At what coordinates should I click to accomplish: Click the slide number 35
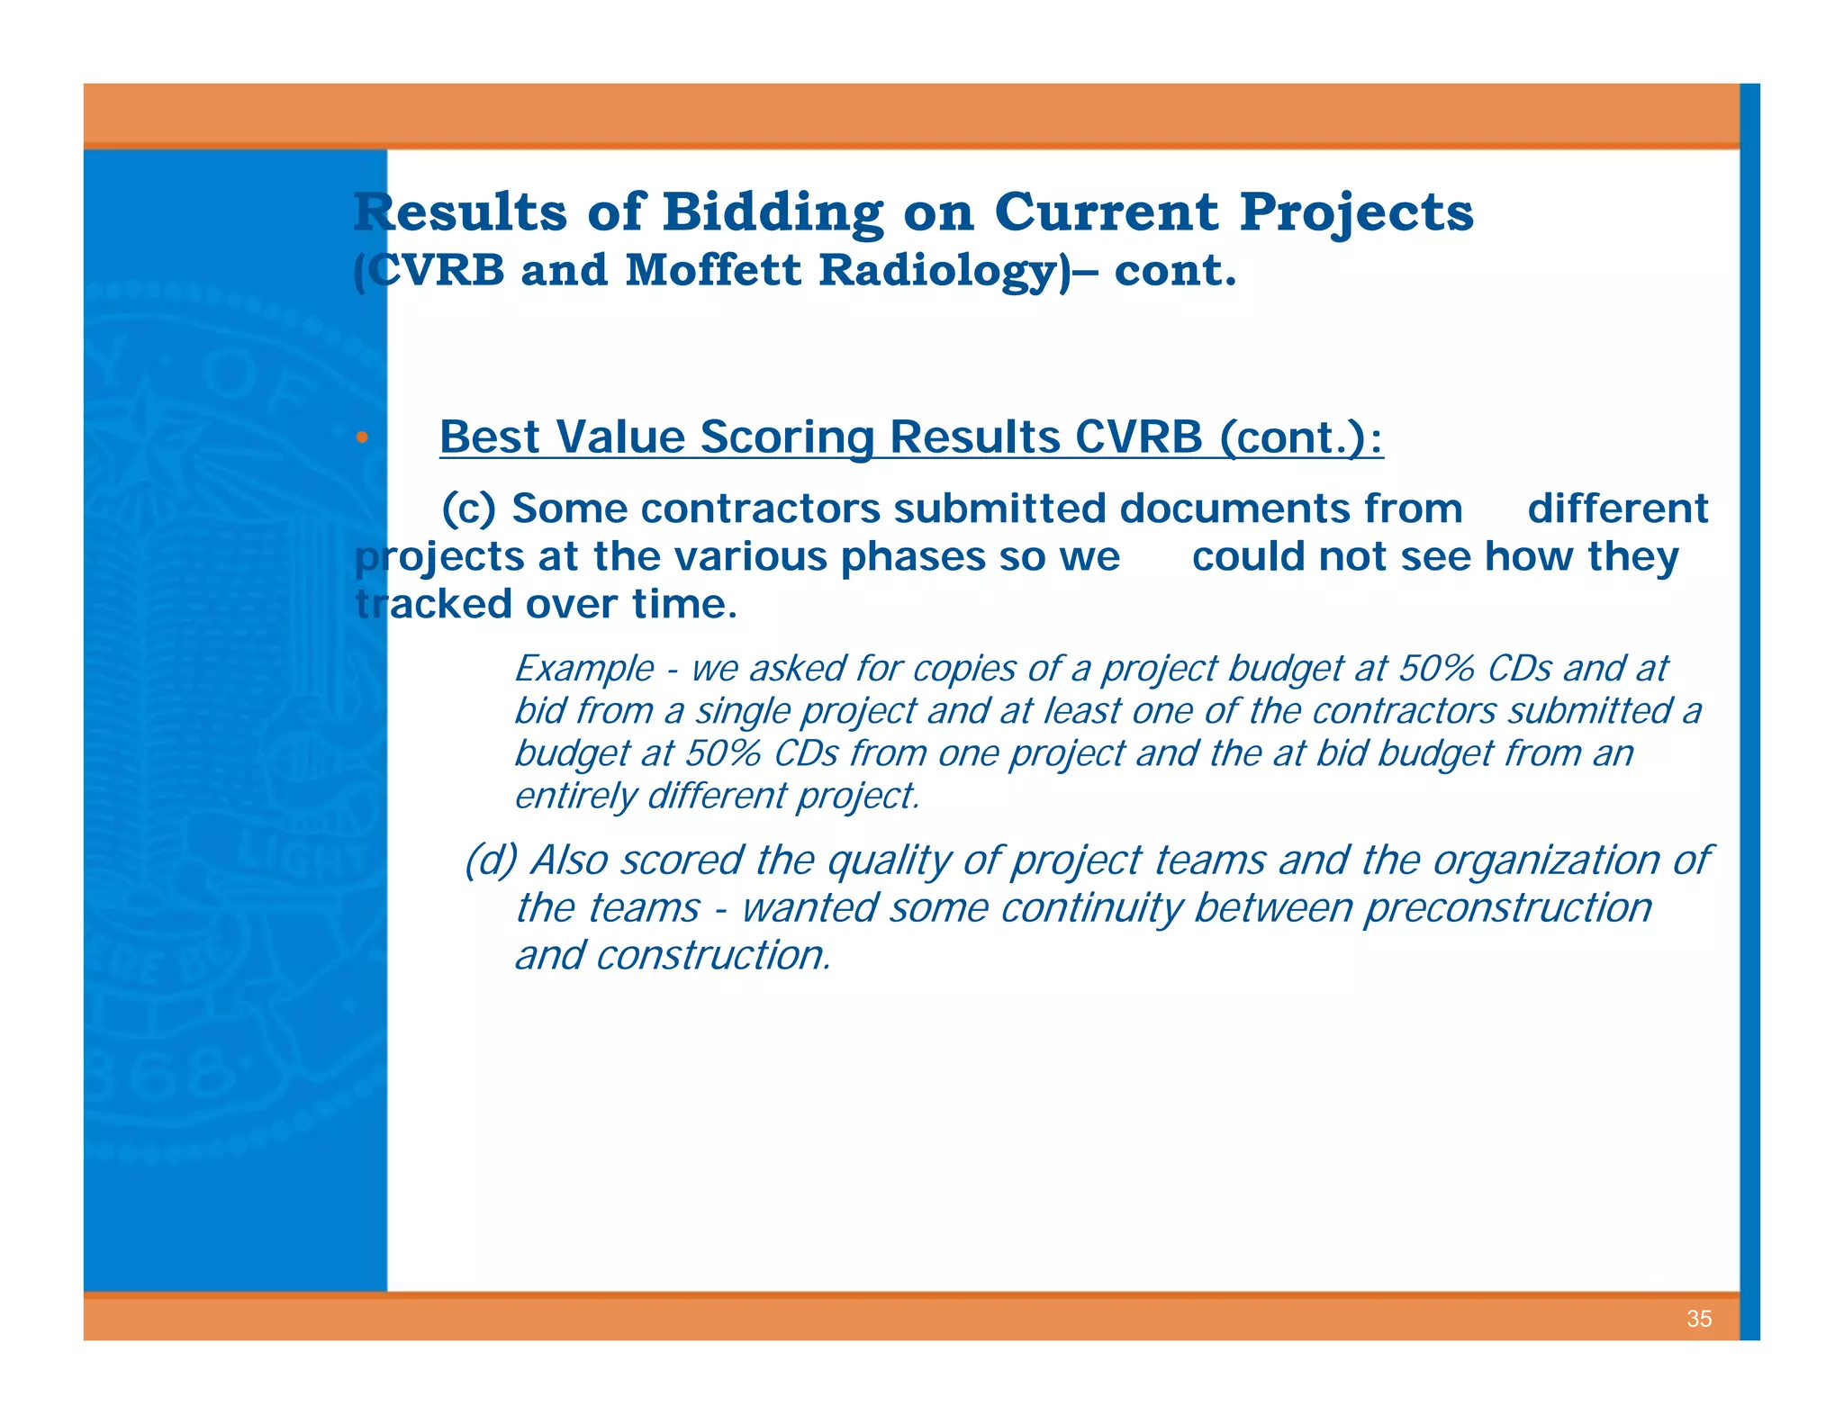click(x=1698, y=1319)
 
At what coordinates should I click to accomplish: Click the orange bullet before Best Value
click(x=362, y=437)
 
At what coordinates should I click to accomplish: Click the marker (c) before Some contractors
click(x=468, y=509)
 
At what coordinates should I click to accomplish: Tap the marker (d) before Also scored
click(x=491, y=860)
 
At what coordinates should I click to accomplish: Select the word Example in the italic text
click(x=584, y=669)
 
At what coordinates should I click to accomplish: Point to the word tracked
click(x=433, y=604)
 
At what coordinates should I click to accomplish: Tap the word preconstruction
click(x=1509, y=907)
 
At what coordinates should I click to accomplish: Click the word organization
click(x=1546, y=860)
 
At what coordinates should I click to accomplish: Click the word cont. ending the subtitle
click(x=1175, y=270)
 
